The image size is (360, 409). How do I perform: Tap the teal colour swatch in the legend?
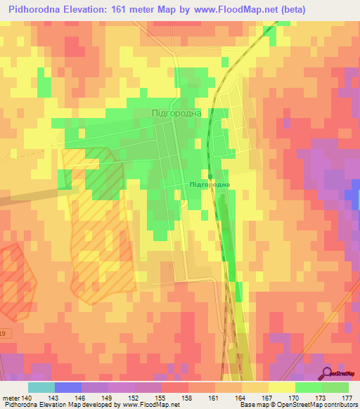[41, 387]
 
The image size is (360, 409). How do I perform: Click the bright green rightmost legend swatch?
[335, 387]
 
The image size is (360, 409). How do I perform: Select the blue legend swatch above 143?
[68, 387]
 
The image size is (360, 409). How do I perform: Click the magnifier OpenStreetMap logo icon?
[328, 373]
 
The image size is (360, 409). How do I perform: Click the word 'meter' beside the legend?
[11, 398]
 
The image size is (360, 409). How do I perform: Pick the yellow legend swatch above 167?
[281, 387]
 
